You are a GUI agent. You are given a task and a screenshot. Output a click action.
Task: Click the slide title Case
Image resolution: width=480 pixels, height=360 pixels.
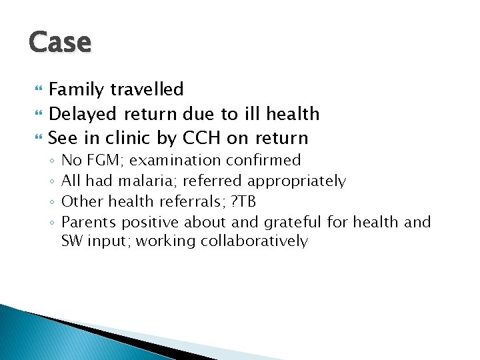[60, 41]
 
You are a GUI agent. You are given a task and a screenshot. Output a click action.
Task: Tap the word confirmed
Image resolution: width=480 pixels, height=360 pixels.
[263, 161]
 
